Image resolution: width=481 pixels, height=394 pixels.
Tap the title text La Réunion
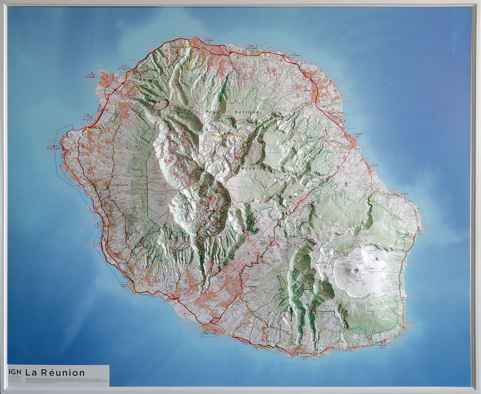pos(55,373)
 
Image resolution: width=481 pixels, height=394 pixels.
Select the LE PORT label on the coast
pos(91,74)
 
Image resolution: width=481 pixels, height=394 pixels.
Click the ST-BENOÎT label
pos(348,133)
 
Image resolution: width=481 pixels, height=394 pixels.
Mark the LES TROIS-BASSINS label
pos(119,185)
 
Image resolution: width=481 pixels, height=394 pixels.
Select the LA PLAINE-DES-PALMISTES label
pos(307,205)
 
